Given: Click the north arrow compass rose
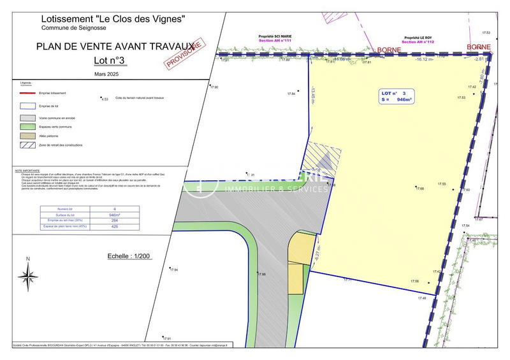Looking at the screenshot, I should (27, 275).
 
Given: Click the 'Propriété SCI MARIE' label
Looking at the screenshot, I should (274, 38).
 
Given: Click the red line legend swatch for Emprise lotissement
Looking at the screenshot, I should (27, 93).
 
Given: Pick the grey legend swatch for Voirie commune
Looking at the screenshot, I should (27, 118).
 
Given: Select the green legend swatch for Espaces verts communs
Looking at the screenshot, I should (27, 127).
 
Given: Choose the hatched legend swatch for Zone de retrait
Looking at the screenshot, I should (27, 145).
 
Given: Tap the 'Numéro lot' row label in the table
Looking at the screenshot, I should (62, 209).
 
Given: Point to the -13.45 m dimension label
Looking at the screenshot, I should (312, 96).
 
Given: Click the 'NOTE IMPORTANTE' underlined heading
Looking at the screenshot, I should (27, 170).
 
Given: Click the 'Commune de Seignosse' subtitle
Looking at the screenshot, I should (73, 28).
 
